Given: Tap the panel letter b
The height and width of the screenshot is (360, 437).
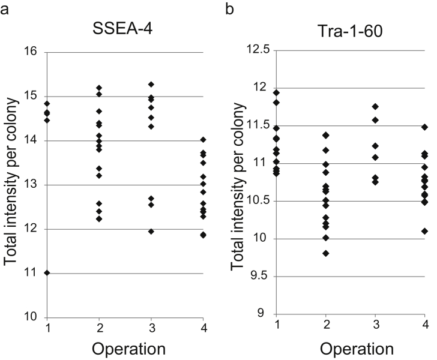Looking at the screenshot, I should (x=229, y=9).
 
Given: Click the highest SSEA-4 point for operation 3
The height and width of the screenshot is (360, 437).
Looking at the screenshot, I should (x=151, y=84).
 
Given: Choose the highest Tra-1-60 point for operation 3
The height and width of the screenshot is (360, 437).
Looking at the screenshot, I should (x=375, y=106).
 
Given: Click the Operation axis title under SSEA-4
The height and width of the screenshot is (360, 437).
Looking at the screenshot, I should (x=125, y=349).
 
